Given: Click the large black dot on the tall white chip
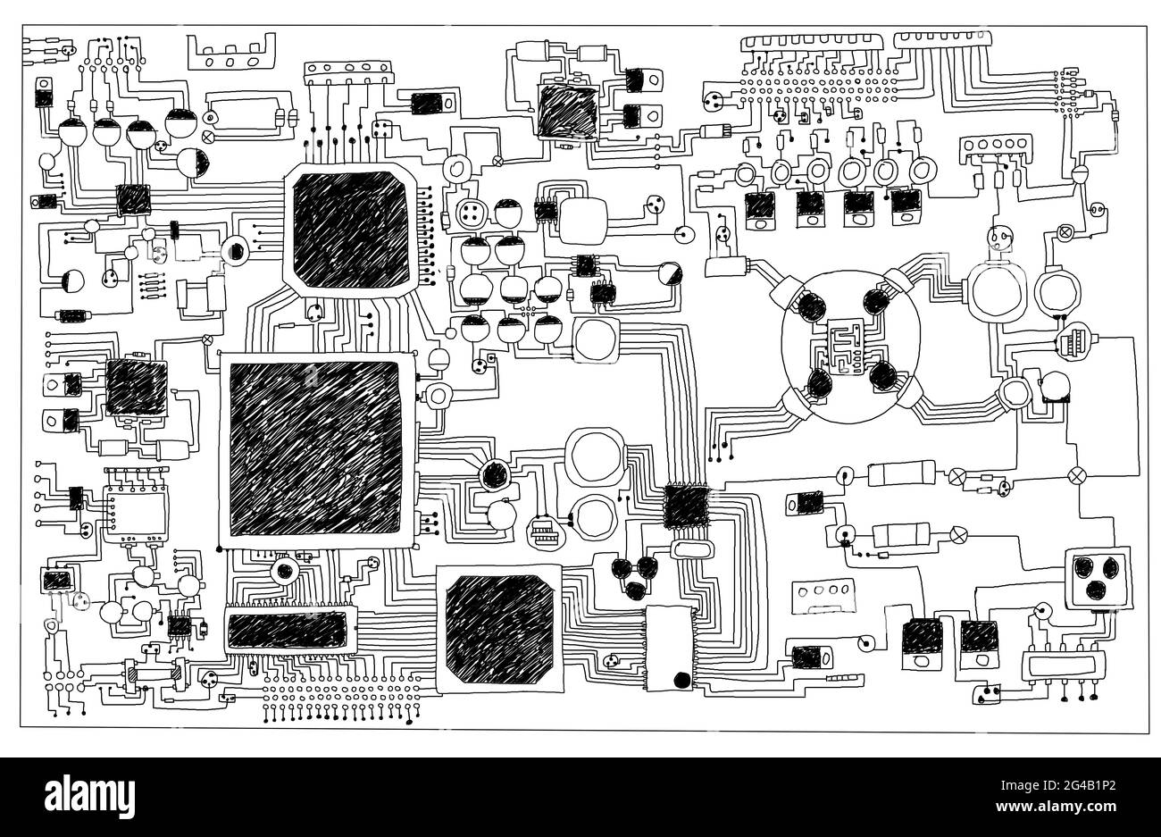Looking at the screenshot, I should click(x=681, y=680).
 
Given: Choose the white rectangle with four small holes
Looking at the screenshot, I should click(x=823, y=592).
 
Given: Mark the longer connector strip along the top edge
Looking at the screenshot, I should click(x=814, y=41).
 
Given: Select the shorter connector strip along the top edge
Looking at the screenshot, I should click(x=943, y=37).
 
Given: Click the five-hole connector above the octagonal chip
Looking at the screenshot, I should click(x=347, y=71).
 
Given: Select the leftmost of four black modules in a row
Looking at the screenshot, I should click(x=759, y=206).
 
